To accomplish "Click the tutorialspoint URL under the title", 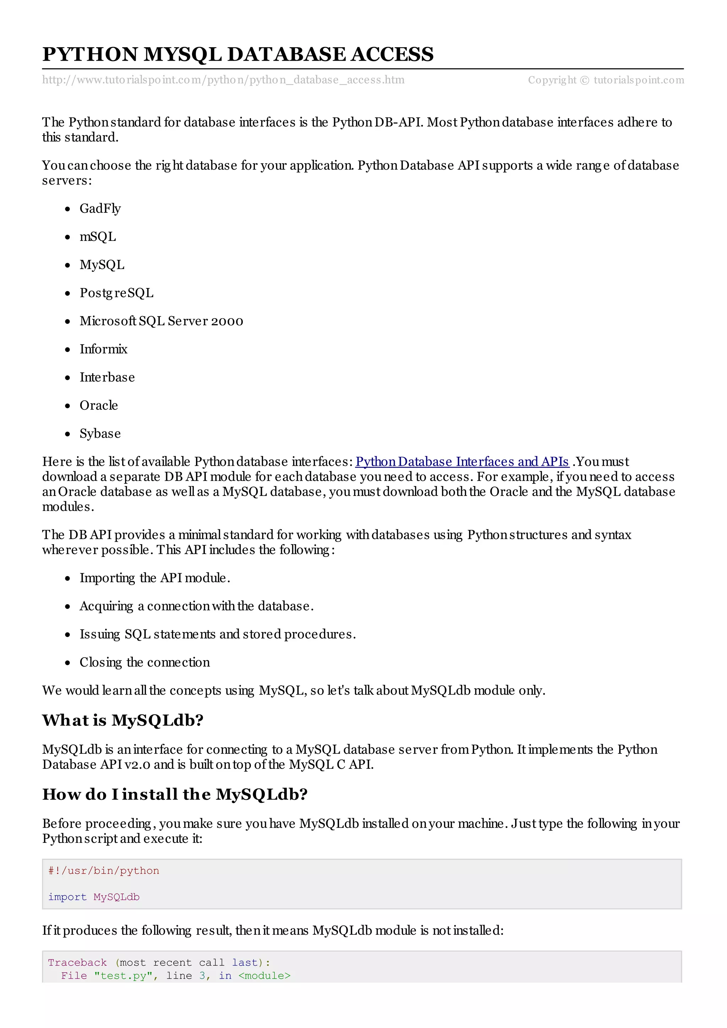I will [223, 80].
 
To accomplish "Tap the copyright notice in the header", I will [606, 80].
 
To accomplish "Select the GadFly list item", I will [100, 209].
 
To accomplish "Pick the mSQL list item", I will [98, 237].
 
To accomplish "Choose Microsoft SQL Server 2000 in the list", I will [161, 321].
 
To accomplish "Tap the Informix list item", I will [103, 349].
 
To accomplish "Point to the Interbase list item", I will [107, 377].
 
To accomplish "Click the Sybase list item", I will [100, 434].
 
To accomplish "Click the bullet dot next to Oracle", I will [68, 406].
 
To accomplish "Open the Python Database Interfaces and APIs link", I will [462, 462].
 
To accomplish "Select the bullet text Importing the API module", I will [154, 578].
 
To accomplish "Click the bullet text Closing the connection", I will [145, 662].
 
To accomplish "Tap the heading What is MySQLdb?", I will [123, 720].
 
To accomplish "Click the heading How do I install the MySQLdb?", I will [175, 794].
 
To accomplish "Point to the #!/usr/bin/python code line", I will [103, 871].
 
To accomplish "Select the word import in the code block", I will [67, 897].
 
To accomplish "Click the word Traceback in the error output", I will [77, 963].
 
